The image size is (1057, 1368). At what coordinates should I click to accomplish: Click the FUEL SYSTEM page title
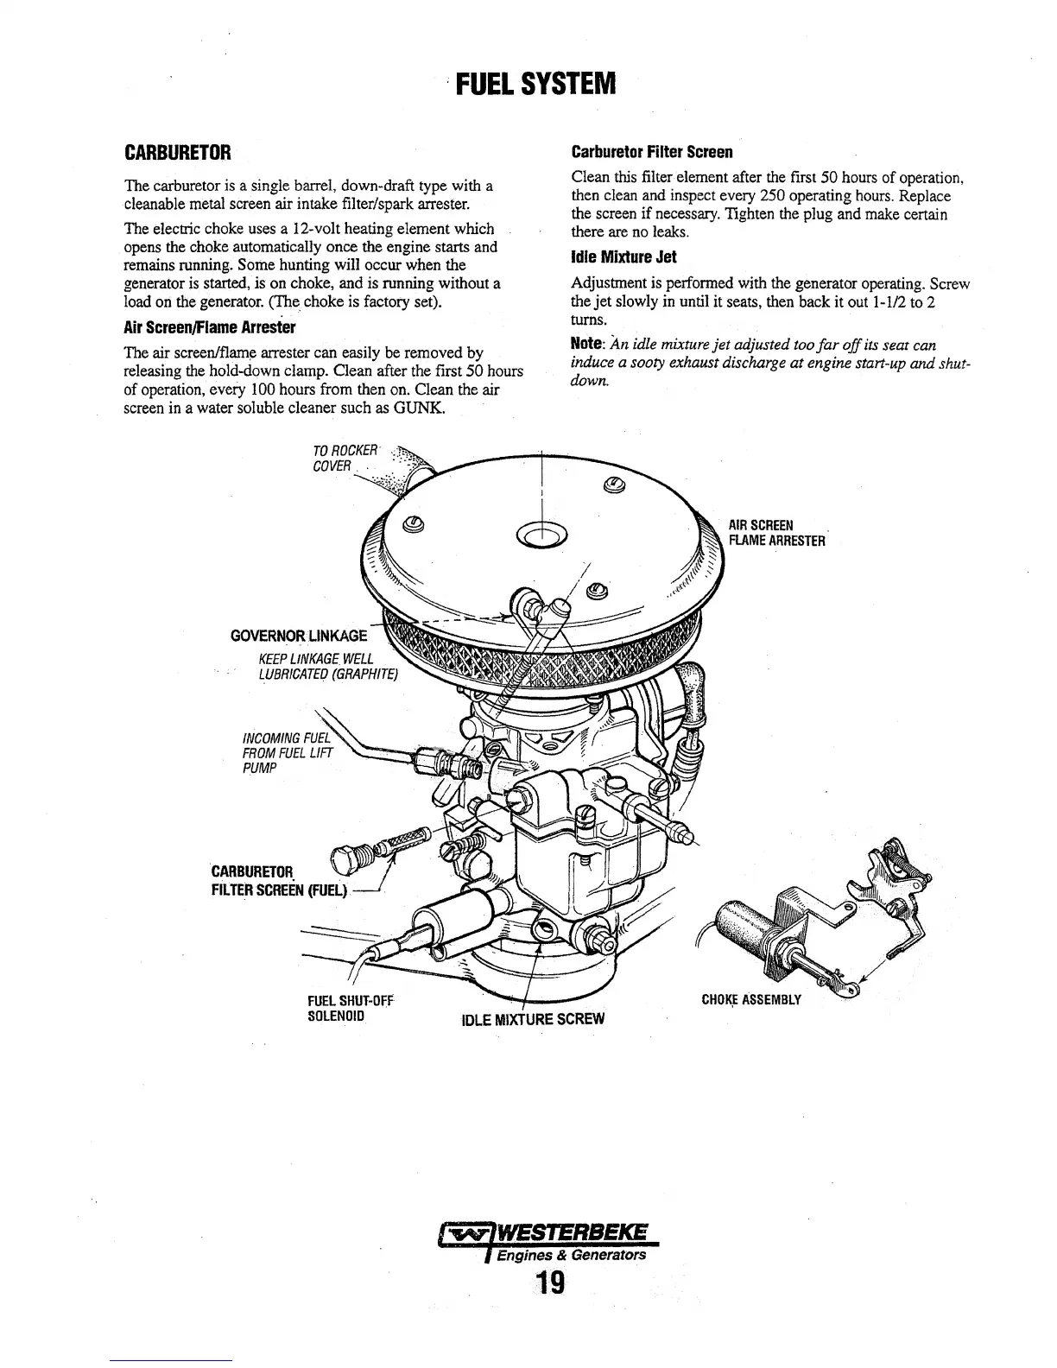535,85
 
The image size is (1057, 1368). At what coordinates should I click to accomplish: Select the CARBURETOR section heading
178,154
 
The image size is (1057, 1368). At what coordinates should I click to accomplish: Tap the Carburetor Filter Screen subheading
652,153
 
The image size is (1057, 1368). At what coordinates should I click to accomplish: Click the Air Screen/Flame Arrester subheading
210,327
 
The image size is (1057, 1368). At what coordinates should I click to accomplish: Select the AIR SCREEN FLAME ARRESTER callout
776,533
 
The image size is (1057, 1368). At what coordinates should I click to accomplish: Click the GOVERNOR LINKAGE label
299,637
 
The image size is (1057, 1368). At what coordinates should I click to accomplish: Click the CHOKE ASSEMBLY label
751,1000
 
